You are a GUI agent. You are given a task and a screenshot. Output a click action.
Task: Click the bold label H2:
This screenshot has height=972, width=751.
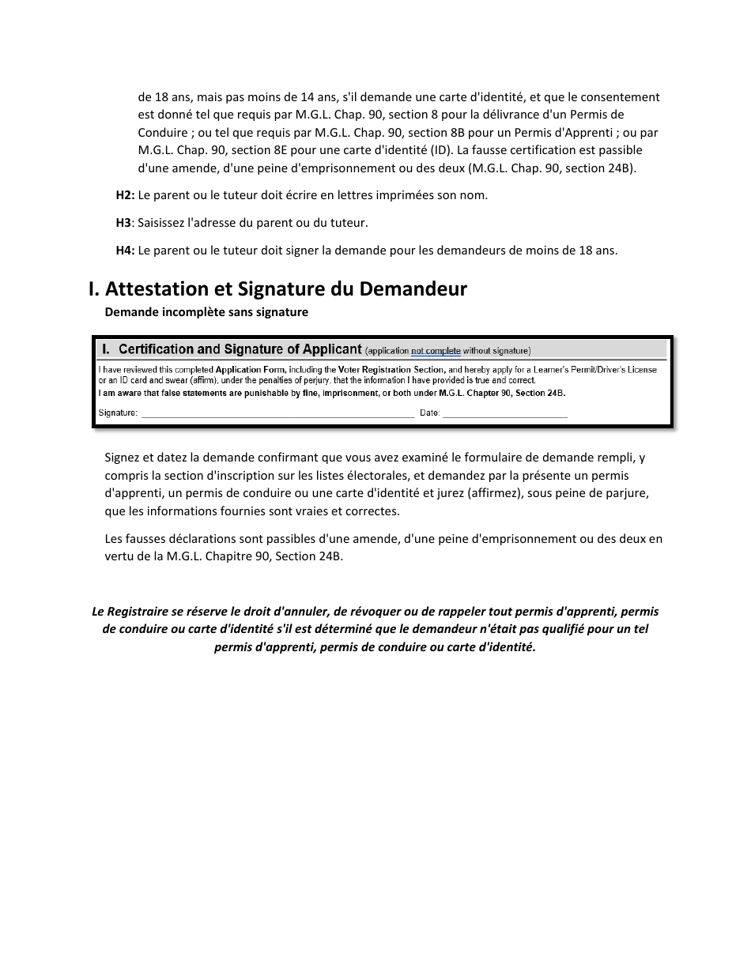(125, 195)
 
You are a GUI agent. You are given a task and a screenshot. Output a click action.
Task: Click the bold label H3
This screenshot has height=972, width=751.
(123, 223)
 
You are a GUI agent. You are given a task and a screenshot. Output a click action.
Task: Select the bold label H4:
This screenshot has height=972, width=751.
(125, 251)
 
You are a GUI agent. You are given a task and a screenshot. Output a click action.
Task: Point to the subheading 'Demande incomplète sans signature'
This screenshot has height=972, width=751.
(206, 312)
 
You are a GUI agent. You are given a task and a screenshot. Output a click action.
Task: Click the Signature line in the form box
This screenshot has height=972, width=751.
(277, 413)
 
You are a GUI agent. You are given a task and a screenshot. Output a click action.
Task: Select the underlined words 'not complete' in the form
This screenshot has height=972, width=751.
(436, 350)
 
